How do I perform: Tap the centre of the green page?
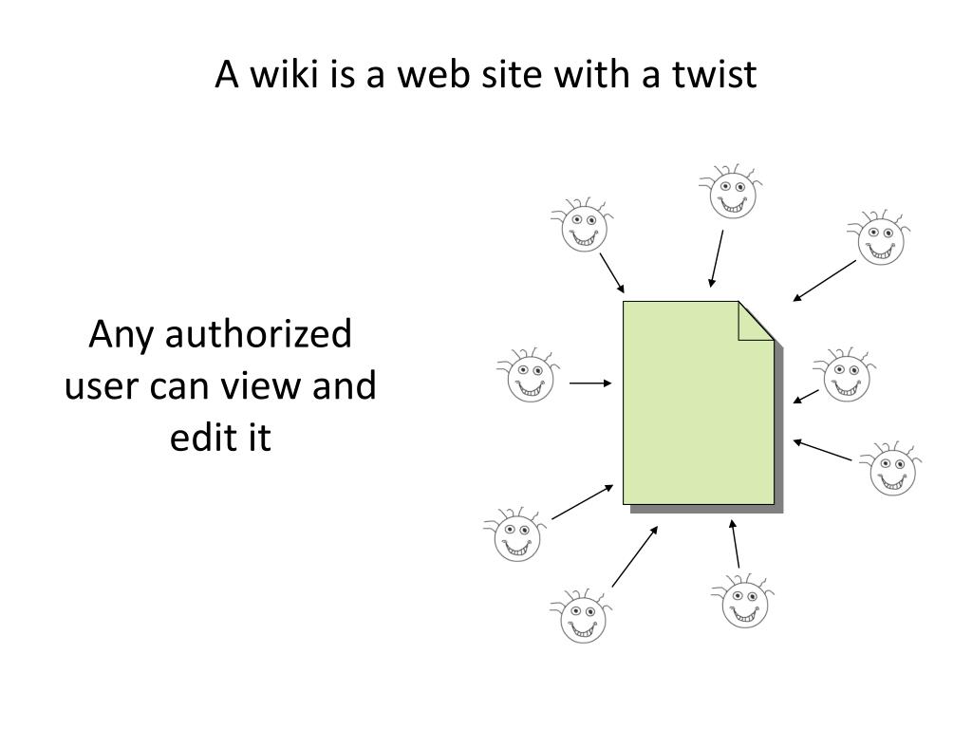click(698, 403)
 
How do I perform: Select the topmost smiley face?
click(731, 193)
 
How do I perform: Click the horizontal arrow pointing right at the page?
click(590, 383)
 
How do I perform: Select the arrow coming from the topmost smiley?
click(717, 257)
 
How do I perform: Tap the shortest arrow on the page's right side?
click(807, 396)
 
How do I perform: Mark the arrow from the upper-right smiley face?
click(825, 280)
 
